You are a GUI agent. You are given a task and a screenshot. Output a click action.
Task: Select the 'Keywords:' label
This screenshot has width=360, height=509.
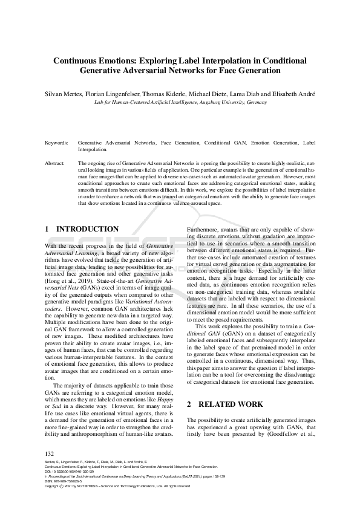click(56, 143)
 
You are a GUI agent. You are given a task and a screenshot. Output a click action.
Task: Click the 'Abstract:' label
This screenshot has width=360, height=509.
click(55, 163)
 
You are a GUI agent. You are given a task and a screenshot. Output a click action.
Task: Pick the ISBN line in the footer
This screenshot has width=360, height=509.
click(65, 481)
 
